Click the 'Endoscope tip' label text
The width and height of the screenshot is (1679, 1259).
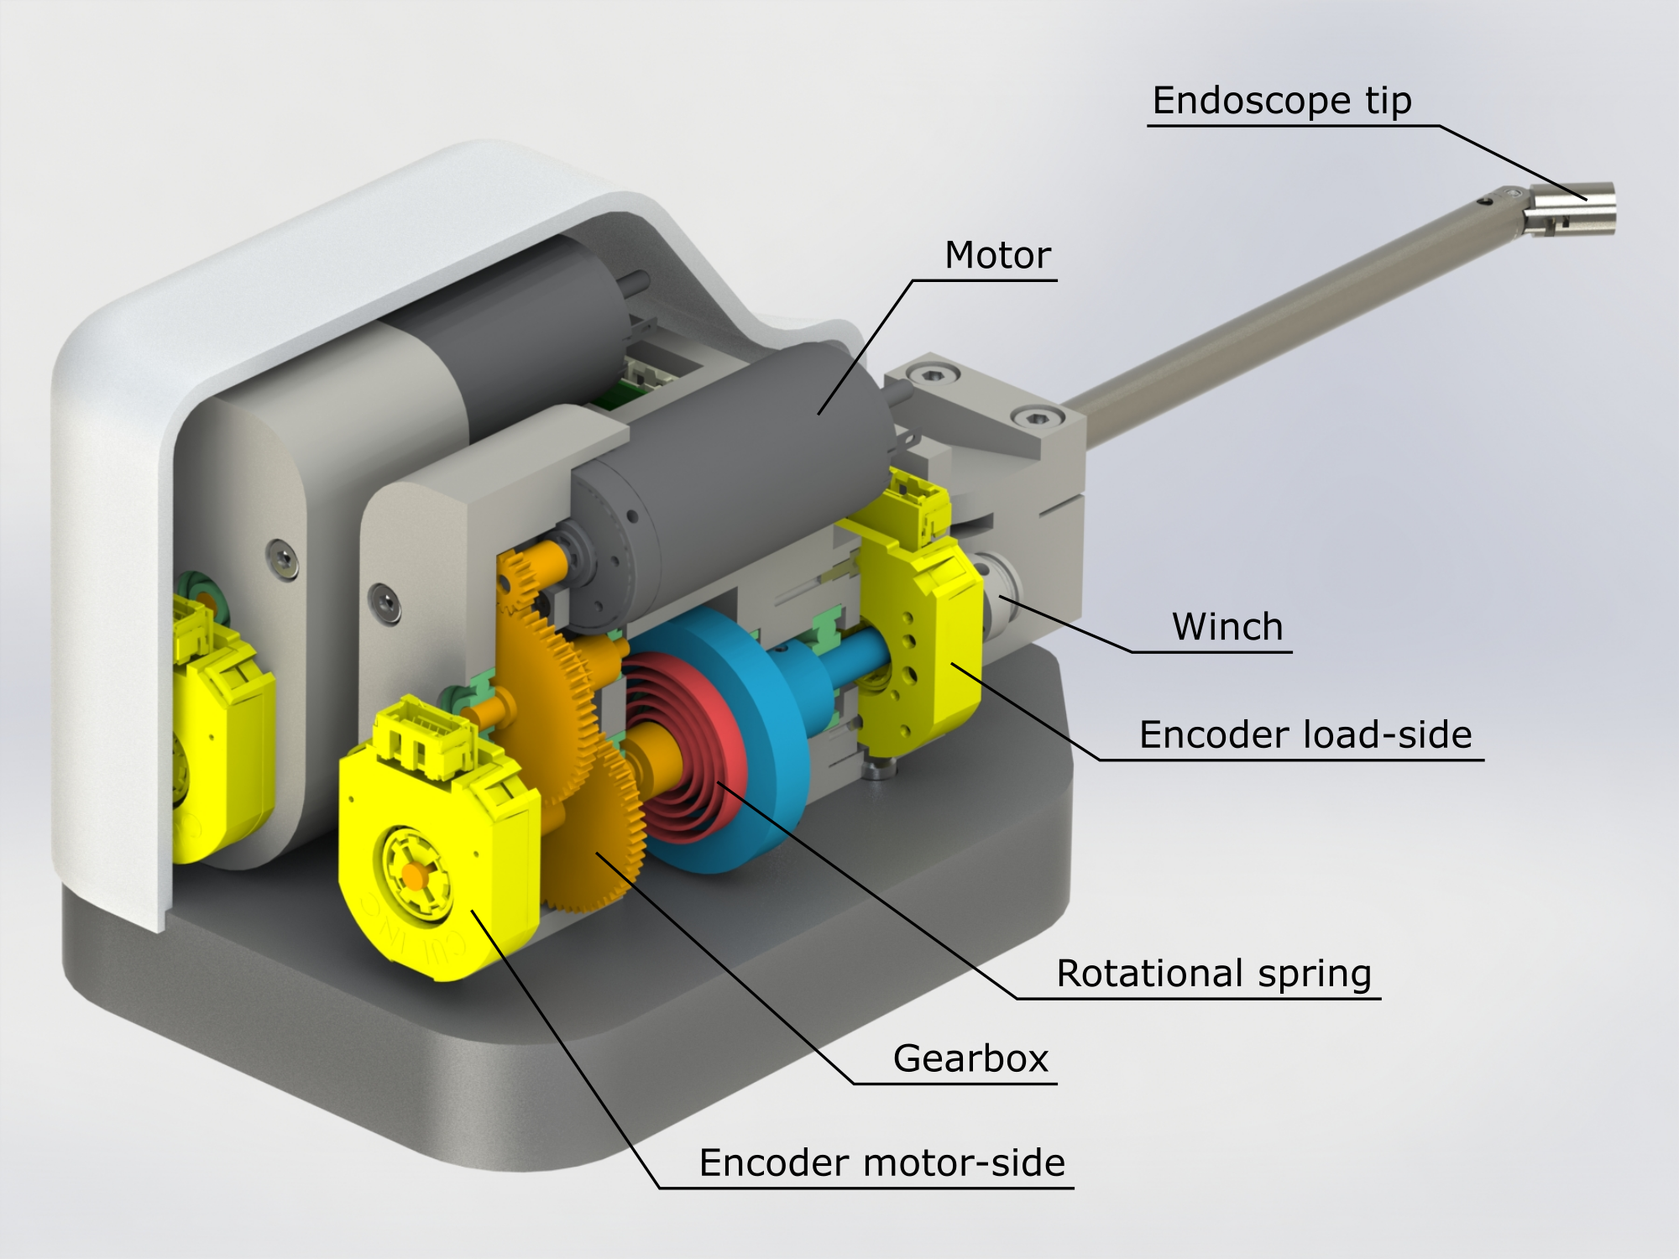pyautogui.click(x=1281, y=101)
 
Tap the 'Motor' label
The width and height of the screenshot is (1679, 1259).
pyautogui.click(x=997, y=255)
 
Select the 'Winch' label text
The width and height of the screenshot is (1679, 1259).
pyautogui.click(x=1227, y=627)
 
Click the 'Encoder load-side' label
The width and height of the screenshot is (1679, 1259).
pyautogui.click(x=1305, y=734)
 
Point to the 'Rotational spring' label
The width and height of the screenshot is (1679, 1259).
pyautogui.click(x=1213, y=974)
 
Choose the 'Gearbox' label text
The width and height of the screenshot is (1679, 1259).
pyautogui.click(x=970, y=1058)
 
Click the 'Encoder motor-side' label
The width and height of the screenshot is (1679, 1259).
pyautogui.click(x=881, y=1163)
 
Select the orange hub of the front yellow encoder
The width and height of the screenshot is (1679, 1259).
pyautogui.click(x=412, y=875)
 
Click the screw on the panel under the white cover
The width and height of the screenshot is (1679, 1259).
pyautogui.click(x=282, y=557)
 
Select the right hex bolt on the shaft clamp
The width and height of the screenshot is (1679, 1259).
pyautogui.click(x=1033, y=416)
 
